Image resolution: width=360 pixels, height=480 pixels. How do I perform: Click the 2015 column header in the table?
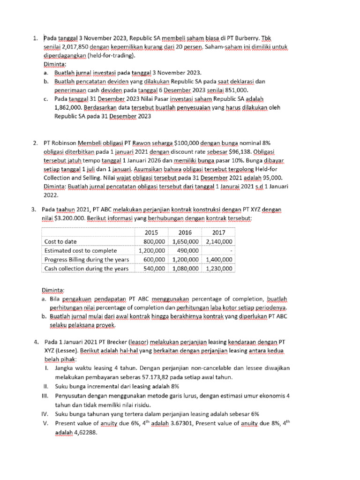click(151, 232)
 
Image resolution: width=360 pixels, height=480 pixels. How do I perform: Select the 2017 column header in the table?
click(218, 232)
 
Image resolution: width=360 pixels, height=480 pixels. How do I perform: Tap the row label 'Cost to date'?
click(60, 241)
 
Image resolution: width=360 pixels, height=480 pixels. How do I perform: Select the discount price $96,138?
click(265, 152)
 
